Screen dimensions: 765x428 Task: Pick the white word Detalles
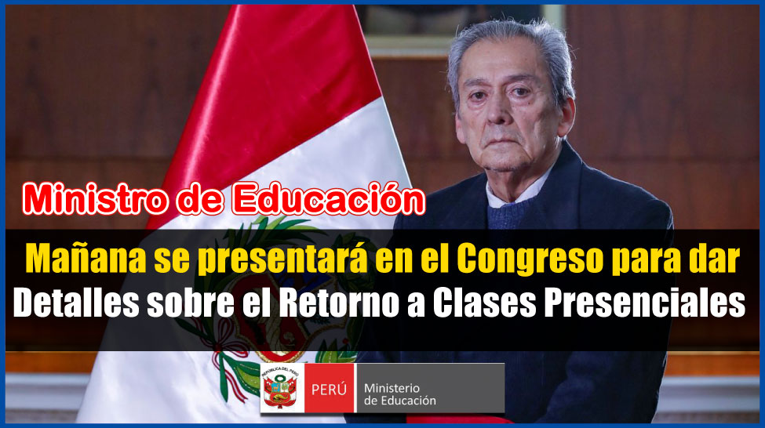pos(76,303)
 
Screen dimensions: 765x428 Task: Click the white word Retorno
pos(339,303)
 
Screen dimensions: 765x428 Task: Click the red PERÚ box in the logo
pos(329,389)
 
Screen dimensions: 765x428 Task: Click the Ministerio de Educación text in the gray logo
pos(399,394)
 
